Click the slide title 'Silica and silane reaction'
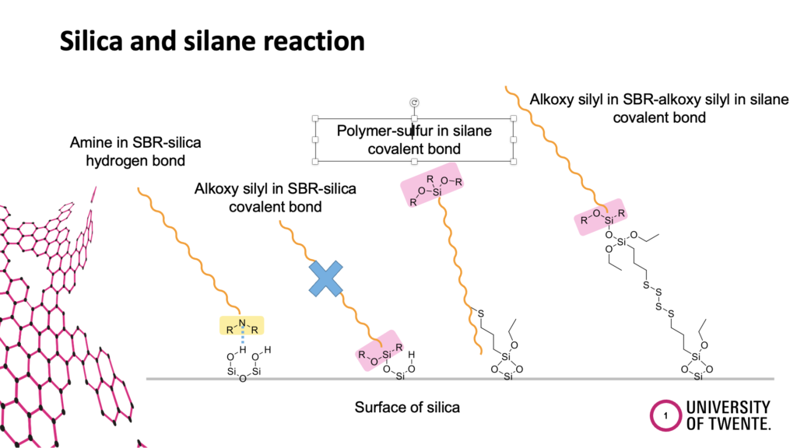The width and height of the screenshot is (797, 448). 212,41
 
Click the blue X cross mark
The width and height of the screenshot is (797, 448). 326,279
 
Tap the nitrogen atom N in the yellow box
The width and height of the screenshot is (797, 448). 242,323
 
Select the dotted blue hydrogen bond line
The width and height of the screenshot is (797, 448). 243,335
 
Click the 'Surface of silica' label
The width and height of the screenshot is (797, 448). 407,408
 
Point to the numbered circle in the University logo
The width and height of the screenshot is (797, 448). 665,415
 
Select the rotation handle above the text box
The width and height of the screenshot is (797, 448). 414,103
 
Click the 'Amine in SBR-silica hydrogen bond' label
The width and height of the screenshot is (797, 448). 135,152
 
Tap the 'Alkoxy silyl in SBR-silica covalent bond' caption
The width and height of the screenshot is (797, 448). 275,198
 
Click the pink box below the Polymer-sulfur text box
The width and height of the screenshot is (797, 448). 432,185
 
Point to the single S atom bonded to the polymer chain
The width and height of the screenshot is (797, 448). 481,313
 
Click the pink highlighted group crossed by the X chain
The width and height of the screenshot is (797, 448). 379,351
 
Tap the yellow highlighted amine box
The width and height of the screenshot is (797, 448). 241,326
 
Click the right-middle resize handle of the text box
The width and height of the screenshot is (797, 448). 514,140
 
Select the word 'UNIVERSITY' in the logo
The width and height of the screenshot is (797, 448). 728,408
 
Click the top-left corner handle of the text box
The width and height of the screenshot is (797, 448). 315,118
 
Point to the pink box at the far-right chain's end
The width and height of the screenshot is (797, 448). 601,217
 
